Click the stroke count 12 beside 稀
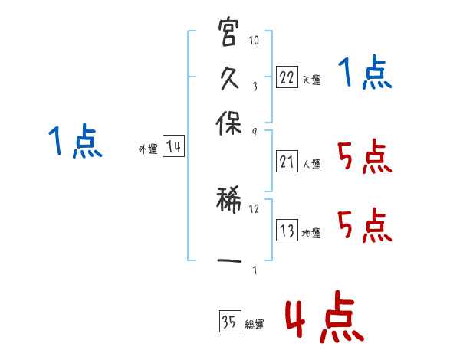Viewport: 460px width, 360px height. [x=255, y=208]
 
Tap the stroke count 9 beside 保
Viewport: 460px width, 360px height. [x=254, y=133]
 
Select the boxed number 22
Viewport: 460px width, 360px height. [x=287, y=77]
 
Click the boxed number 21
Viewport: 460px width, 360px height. [x=287, y=161]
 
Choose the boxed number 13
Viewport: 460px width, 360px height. [x=287, y=231]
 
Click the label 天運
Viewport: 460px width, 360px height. [x=311, y=80]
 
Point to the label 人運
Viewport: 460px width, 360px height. [x=311, y=163]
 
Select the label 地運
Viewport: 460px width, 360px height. [x=311, y=233]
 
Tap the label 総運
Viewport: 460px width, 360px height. [x=255, y=324]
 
